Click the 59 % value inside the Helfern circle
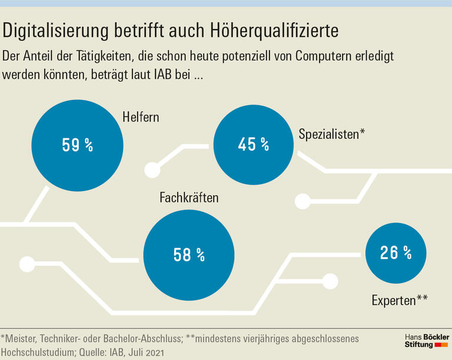(x=77, y=145)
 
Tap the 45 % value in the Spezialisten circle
(x=253, y=144)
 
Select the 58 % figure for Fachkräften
(x=189, y=255)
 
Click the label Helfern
(x=141, y=117)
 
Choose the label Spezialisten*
(x=331, y=134)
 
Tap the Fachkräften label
(x=189, y=198)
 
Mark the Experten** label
(x=399, y=301)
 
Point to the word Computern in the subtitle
(x=326, y=56)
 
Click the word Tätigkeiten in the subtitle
(x=101, y=56)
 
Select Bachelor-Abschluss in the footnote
(x=149, y=339)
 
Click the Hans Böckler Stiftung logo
(x=427, y=340)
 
